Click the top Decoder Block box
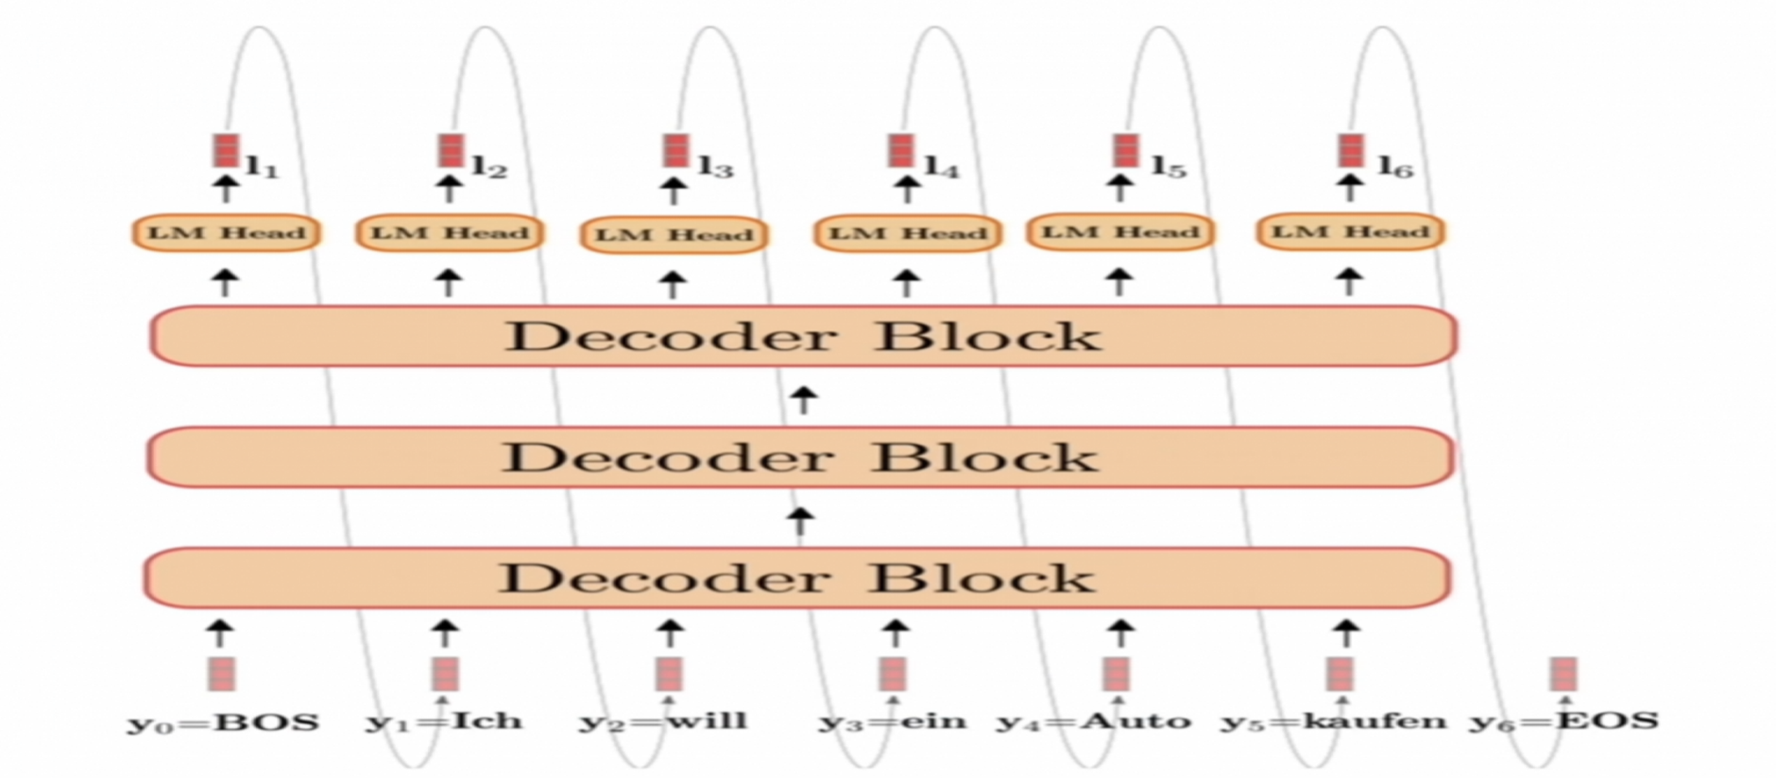[803, 336]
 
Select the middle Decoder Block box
[799, 457]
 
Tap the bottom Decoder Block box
[797, 577]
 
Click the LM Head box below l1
[227, 232]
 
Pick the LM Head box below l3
[675, 234]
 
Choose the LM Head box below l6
[1351, 232]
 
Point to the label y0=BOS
[223, 723]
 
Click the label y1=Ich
[444, 722]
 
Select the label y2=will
[664, 722]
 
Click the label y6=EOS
[1564, 722]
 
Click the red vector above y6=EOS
[1563, 674]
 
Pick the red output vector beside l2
[451, 150]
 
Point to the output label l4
[942, 168]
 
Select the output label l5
[1169, 167]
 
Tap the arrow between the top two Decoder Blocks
[803, 399]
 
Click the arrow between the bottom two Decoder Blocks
[800, 519]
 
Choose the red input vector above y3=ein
[893, 674]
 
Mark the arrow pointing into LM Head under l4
[907, 281]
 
